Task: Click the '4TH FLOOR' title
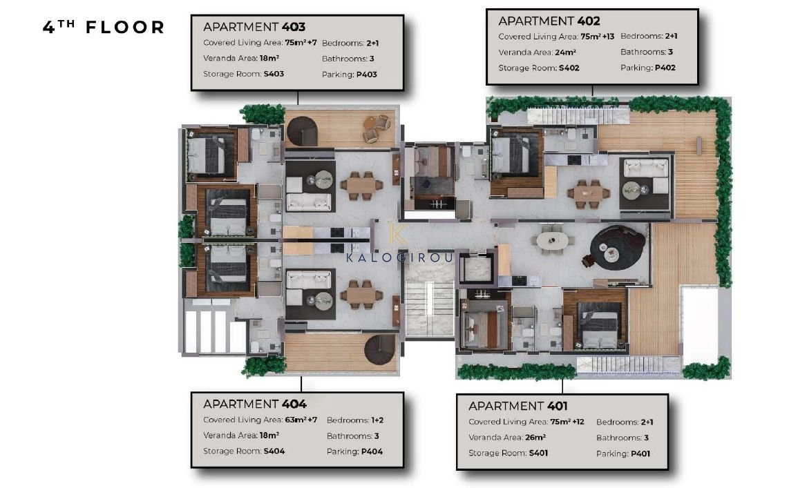[x=104, y=27]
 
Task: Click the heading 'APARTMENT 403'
[x=254, y=27]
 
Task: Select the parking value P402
[x=665, y=68]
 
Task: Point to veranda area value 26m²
[x=535, y=437]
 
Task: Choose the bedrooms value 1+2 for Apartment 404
[x=377, y=420]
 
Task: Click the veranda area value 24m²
[x=565, y=52]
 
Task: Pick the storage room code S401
[x=538, y=453]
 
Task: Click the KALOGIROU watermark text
[x=399, y=257]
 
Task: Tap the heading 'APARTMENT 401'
[x=518, y=406]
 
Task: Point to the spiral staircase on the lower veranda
[x=380, y=349]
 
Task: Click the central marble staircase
[x=429, y=309]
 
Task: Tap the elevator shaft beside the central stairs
[x=476, y=267]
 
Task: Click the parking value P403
[x=366, y=75]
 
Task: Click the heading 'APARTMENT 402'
[x=549, y=21]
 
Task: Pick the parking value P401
[x=640, y=453]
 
